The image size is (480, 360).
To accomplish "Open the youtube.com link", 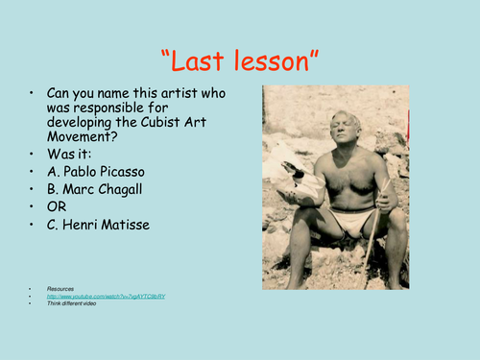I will (106, 297).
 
